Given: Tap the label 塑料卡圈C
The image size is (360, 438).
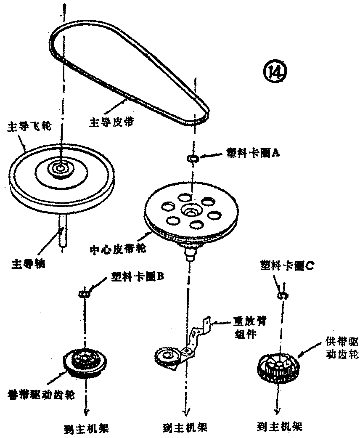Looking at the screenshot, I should click(285, 266).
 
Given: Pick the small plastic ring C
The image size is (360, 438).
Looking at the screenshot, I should click(281, 296).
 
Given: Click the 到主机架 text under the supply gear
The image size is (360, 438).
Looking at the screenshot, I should click(280, 426).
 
